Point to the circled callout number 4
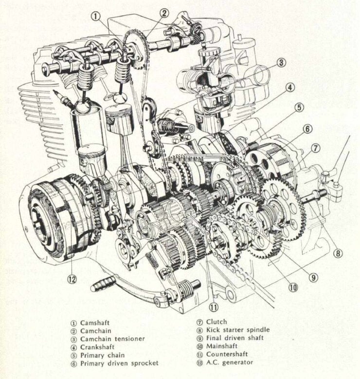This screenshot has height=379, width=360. [x=289, y=88]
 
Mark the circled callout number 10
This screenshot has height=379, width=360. [x=292, y=287]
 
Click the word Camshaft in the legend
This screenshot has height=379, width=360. [x=96, y=322]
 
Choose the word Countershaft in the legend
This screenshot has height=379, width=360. [x=228, y=355]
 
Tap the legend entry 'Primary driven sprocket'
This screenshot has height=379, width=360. [x=119, y=363]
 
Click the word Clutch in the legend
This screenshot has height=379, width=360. [x=216, y=322]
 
